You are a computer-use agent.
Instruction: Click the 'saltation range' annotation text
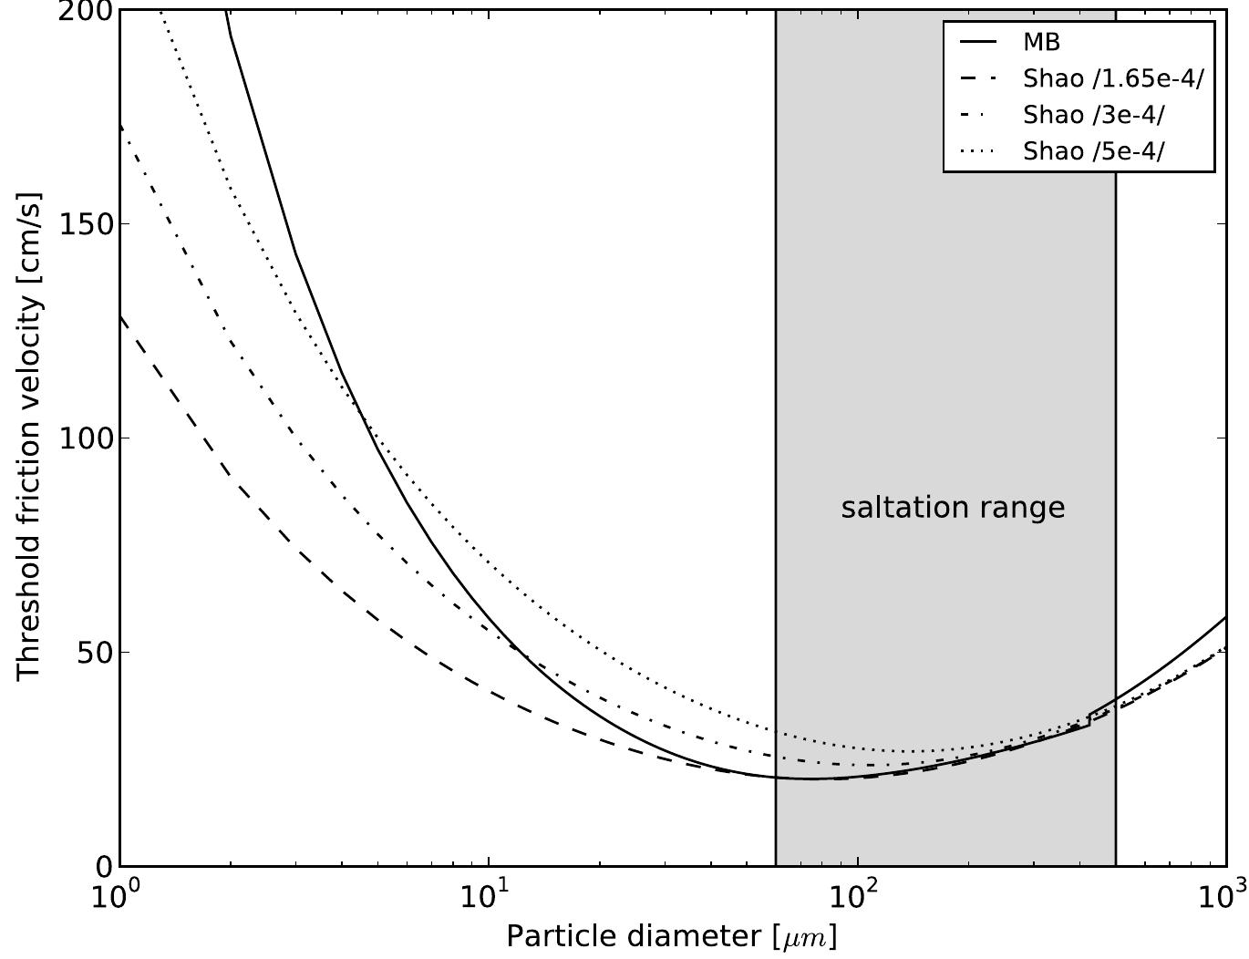pyautogui.click(x=953, y=508)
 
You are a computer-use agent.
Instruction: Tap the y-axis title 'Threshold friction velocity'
pyautogui.click(x=29, y=436)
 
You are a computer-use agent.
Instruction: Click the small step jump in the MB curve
pyautogui.click(x=1089, y=720)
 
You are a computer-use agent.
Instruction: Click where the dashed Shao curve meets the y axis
pyautogui.click(x=121, y=315)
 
